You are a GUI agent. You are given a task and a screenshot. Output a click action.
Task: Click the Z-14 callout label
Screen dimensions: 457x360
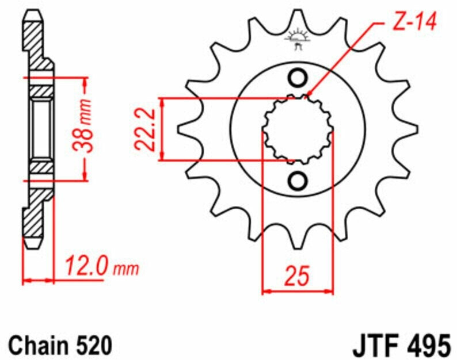(414, 21)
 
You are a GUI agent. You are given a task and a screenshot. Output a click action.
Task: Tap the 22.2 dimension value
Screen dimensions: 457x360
(144, 129)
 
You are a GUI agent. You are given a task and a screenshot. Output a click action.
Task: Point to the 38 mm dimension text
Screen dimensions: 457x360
(82, 126)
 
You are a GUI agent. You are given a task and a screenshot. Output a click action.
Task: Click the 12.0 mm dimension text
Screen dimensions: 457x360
(102, 266)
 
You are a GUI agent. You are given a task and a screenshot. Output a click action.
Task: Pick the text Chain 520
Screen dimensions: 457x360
(60, 346)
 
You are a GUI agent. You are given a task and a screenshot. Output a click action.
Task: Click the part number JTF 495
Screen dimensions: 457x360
(402, 346)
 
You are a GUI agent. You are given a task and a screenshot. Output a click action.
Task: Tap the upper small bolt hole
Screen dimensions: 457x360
(298, 78)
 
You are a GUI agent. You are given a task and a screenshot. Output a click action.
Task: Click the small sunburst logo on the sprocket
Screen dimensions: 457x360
(298, 39)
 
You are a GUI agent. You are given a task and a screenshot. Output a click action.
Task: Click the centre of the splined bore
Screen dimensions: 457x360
(298, 129)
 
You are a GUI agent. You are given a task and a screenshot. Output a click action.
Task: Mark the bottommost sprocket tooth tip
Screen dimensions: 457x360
(298, 248)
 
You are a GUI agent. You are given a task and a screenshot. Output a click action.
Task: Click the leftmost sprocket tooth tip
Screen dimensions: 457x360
(178, 129)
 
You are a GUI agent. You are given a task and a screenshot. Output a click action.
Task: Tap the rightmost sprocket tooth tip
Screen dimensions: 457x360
(417, 129)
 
